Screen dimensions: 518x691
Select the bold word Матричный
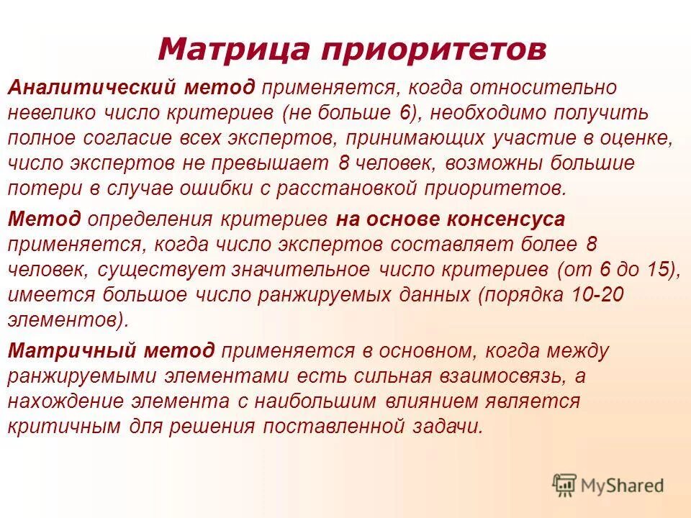coord(71,350)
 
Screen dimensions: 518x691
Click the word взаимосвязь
coord(503,376)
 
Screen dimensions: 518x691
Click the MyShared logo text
coord(623,485)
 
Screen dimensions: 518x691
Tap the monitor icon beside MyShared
coord(564,485)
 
